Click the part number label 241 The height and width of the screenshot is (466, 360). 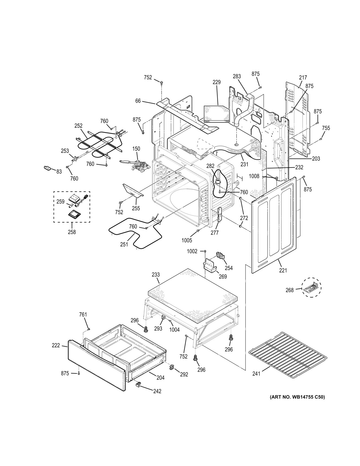pos(256,374)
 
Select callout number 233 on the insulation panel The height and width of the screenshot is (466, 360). pos(156,274)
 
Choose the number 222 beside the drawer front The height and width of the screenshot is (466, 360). pos(56,345)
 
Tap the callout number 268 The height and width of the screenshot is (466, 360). pos(290,290)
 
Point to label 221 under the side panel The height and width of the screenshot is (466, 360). pos(283,270)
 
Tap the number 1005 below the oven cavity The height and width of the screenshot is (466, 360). pos(187,240)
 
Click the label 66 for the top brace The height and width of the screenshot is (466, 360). pos(138,101)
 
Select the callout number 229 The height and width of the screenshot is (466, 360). pos(217,82)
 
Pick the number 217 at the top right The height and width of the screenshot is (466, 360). pos(303,78)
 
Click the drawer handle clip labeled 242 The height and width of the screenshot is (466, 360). pos(138,384)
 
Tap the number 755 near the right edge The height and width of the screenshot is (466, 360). pos(326,128)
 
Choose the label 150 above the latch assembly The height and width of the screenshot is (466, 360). pos(136,149)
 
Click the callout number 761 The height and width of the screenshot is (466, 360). pos(83,314)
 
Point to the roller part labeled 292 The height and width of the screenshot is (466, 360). pos(172,367)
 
